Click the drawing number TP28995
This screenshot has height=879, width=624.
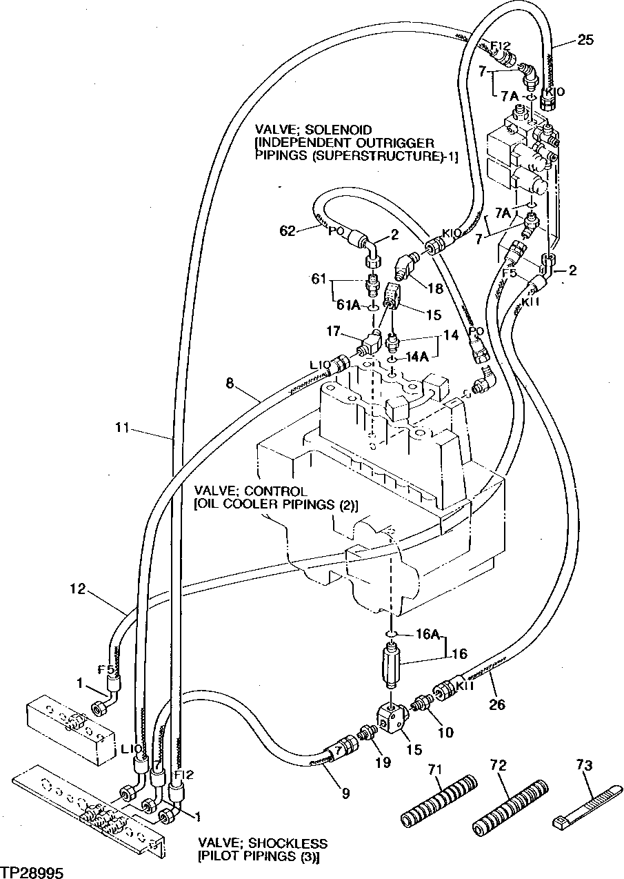coord(32,868)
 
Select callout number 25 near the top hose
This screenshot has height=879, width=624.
coord(585,40)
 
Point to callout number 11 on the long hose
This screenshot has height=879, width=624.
coord(122,429)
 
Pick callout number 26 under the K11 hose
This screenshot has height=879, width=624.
coord(496,704)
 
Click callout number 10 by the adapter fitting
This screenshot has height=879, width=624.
coord(445,732)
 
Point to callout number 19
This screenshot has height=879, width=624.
coord(383,762)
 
